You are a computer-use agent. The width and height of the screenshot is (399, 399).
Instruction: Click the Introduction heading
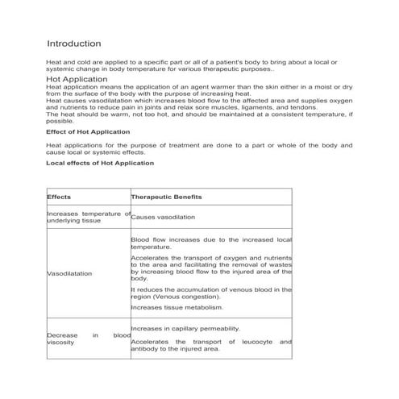pos(73,43)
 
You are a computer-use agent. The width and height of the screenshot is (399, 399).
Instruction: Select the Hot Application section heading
pos(77,80)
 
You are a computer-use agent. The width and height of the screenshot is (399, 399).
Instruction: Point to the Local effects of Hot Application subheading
pos(100,163)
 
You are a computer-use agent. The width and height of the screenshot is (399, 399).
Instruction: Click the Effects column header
pos(59,197)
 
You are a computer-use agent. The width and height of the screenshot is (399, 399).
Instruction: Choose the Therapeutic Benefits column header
pos(166,197)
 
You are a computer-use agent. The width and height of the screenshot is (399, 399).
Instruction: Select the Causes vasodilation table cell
pos(162,217)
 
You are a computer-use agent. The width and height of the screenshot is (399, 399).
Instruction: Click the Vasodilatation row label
pos(69,273)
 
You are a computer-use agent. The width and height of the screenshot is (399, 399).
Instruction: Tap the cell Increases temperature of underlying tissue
pos(88,217)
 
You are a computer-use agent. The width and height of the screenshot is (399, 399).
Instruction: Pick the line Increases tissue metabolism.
pos(177,306)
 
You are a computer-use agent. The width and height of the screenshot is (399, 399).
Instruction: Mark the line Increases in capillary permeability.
pos(185,329)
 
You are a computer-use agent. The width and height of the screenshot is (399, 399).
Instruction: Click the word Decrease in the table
pos(63,335)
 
